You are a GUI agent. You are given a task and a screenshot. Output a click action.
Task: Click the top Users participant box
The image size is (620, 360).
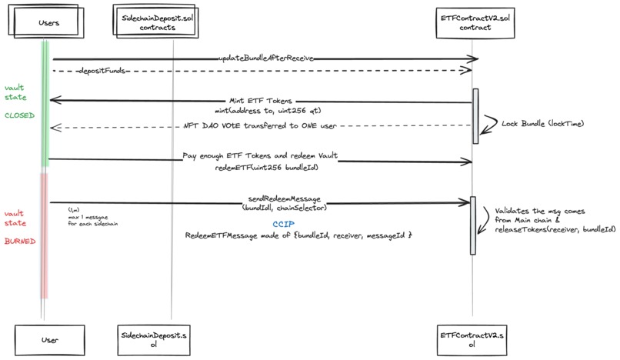click(48, 22)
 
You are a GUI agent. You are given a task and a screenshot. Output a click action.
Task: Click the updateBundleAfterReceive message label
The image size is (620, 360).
click(264, 58)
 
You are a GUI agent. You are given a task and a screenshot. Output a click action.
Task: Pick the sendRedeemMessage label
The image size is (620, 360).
click(285, 198)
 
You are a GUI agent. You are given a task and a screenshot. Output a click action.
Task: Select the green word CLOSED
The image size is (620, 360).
click(19, 115)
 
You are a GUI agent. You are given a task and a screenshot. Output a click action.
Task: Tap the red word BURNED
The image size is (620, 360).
click(19, 241)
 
